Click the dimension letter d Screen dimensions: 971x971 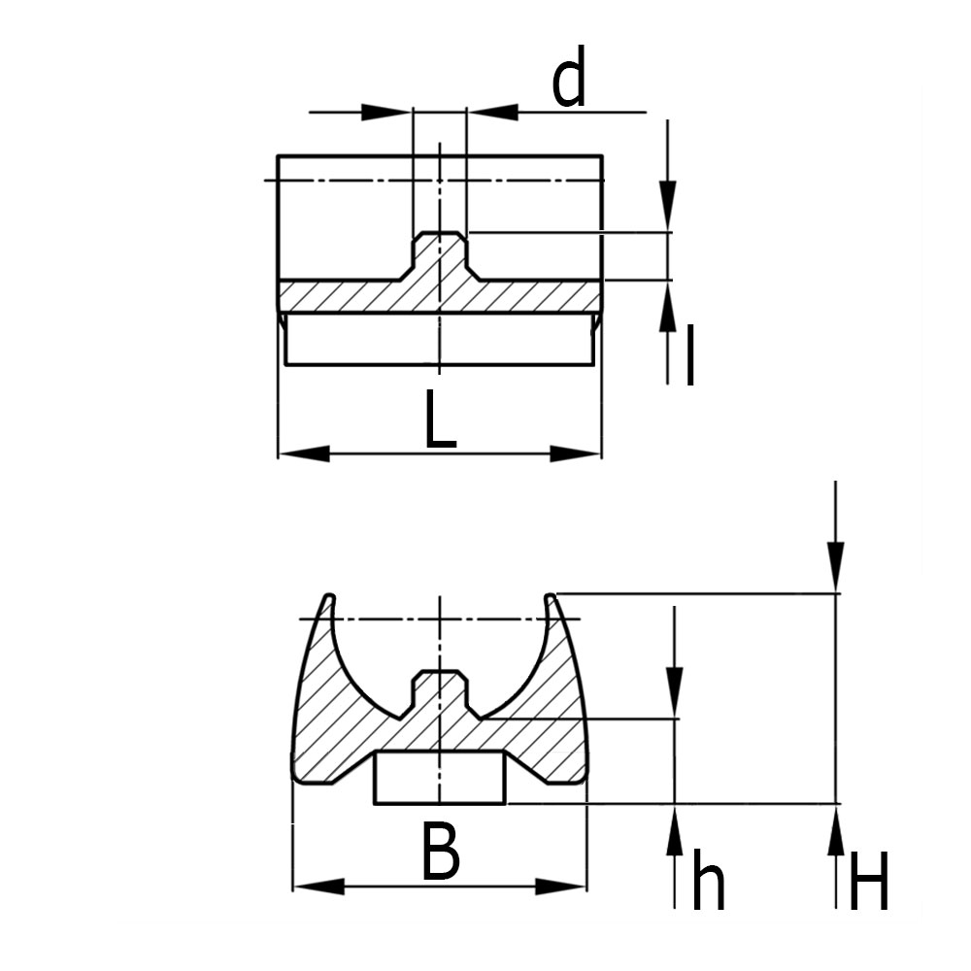[x=569, y=83]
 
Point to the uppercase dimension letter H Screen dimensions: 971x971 [x=868, y=881]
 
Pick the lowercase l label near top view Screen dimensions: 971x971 [x=689, y=356]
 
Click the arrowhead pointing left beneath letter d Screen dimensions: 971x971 [x=493, y=113]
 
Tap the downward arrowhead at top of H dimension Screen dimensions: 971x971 [x=836, y=568]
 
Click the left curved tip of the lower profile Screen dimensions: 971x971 [x=328, y=598]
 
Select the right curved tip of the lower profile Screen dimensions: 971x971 [x=551, y=598]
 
